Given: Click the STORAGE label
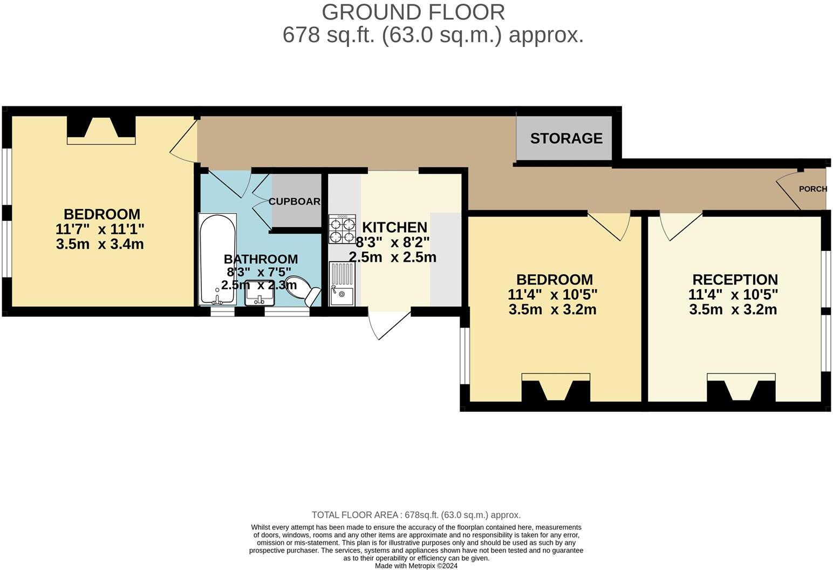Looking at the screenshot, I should click(566, 139).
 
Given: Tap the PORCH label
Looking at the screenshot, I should click(812, 189).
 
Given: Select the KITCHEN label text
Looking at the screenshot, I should click(394, 227).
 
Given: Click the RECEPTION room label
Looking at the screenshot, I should click(735, 280).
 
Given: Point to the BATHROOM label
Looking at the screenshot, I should click(261, 259).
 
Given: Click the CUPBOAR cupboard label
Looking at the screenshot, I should click(295, 201).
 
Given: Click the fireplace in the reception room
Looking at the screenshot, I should click(741, 388).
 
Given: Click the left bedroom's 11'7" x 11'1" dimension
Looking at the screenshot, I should click(100, 229).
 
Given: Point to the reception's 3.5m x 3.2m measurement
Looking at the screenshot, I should click(733, 310).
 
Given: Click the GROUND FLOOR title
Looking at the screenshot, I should click(413, 12).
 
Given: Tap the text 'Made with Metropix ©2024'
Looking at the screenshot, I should click(416, 566).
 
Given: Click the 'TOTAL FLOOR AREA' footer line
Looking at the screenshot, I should click(416, 515).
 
